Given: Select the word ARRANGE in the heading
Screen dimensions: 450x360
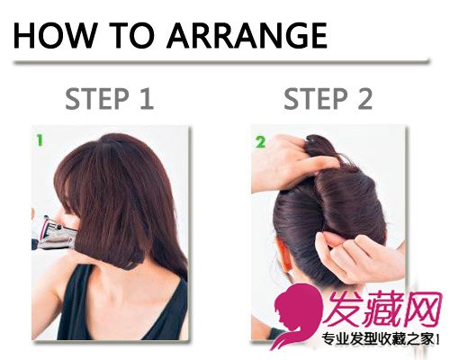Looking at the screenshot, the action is click(x=247, y=35).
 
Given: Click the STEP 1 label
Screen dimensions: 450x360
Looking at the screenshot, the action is click(x=110, y=99).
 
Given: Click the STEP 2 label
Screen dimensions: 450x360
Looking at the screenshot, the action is click(x=328, y=99).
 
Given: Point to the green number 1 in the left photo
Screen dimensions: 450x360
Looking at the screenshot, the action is click(x=40, y=140).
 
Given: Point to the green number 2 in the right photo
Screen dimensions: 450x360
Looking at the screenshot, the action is click(x=260, y=142).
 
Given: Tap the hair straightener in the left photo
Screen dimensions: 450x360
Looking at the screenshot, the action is click(x=54, y=233).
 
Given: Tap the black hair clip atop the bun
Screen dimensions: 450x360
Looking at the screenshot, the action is click(x=313, y=139).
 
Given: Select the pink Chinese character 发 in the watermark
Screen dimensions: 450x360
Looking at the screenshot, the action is click(x=344, y=309).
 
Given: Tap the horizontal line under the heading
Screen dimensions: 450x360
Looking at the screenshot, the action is click(x=221, y=61).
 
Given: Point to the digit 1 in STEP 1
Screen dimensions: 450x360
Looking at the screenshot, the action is click(x=146, y=99).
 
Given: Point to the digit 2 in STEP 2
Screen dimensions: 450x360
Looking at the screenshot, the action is click(x=364, y=99).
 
